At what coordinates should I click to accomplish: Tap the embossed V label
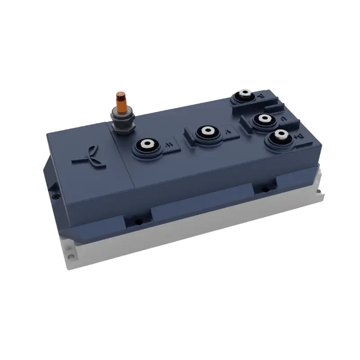tap(228, 133)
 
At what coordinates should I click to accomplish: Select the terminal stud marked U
tap(261, 119)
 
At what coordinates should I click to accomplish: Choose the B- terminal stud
tap(245, 95)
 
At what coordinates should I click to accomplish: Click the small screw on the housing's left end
tap(55, 197)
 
